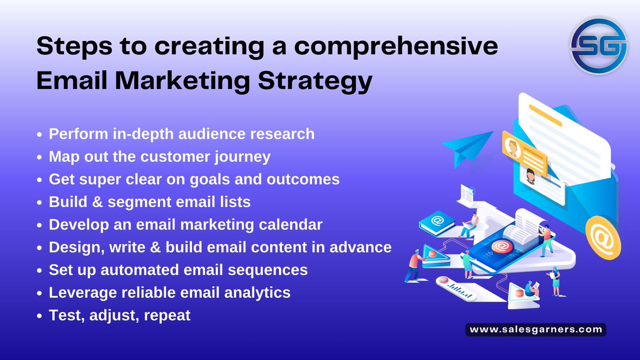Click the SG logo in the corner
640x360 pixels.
596,47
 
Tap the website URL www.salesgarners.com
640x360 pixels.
536,330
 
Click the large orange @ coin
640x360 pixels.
603,237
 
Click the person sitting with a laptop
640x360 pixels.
470,226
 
